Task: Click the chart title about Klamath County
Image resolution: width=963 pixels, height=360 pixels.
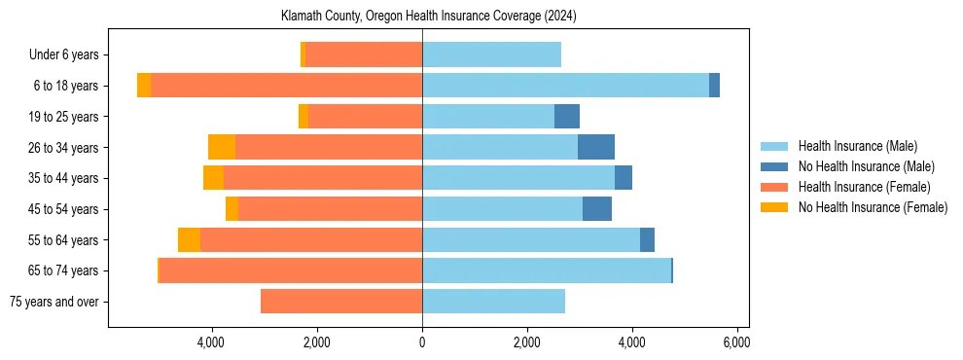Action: tap(422, 17)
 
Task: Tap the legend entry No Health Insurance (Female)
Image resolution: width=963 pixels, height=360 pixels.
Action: tap(873, 207)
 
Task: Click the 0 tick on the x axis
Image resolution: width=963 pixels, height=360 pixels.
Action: tap(422, 342)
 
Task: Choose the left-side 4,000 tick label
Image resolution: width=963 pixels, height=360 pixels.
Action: tap(212, 342)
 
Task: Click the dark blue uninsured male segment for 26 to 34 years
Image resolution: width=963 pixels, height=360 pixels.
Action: tap(596, 147)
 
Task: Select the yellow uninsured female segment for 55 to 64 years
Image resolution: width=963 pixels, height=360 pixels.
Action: tap(189, 239)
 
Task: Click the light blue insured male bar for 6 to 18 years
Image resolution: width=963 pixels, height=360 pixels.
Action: tap(565, 86)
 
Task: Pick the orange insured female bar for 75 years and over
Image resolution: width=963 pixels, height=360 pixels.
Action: tap(341, 302)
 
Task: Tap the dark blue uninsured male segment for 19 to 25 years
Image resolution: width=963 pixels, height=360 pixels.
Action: tap(567, 117)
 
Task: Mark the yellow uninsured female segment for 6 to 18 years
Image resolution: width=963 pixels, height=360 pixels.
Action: tap(144, 86)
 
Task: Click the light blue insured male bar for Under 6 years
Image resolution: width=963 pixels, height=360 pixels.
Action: tap(491, 55)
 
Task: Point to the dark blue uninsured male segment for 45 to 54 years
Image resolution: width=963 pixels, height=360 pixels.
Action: tap(597, 209)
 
